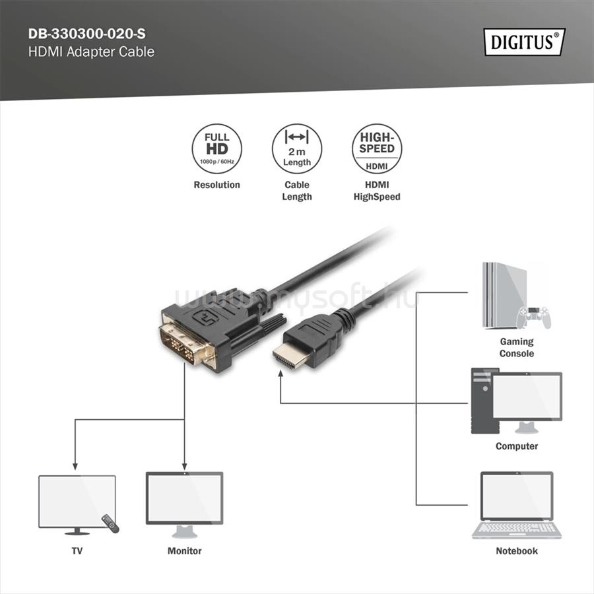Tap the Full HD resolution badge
216,150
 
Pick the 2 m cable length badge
297,150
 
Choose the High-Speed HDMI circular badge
377,150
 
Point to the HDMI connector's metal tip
288,357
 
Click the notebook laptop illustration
517,505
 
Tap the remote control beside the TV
110,524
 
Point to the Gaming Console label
516,348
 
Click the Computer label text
517,446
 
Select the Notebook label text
517,550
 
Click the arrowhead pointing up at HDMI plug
281,376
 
